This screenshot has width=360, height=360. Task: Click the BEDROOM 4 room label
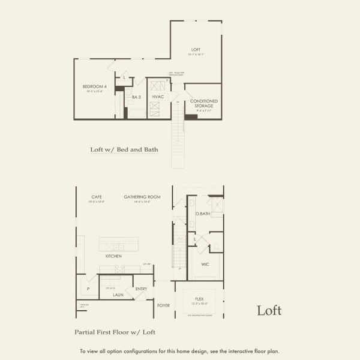pyautogui.click(x=93, y=87)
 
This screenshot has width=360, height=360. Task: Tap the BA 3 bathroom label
pyautogui.click(x=136, y=97)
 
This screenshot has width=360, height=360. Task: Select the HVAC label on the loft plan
pyautogui.click(x=158, y=97)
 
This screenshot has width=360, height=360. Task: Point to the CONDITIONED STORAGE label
pyautogui.click(x=204, y=104)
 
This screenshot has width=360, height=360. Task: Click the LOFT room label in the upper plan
pyautogui.click(x=196, y=49)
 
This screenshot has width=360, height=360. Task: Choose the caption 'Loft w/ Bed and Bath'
pyautogui.click(x=124, y=149)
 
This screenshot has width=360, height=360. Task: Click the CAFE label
pyautogui.click(x=97, y=196)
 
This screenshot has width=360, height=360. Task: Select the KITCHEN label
pyautogui.click(x=113, y=256)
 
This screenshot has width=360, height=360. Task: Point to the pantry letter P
pyautogui.click(x=88, y=289)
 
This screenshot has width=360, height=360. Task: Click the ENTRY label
pyautogui.click(x=141, y=289)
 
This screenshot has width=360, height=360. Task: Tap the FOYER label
pyautogui.click(x=163, y=305)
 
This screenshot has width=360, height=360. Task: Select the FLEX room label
pyautogui.click(x=199, y=298)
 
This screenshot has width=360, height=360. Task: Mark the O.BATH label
pyautogui.click(x=202, y=214)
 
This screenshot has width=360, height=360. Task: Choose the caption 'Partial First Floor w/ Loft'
pyautogui.click(x=115, y=331)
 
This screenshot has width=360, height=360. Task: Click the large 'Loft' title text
pyautogui.click(x=269, y=310)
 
